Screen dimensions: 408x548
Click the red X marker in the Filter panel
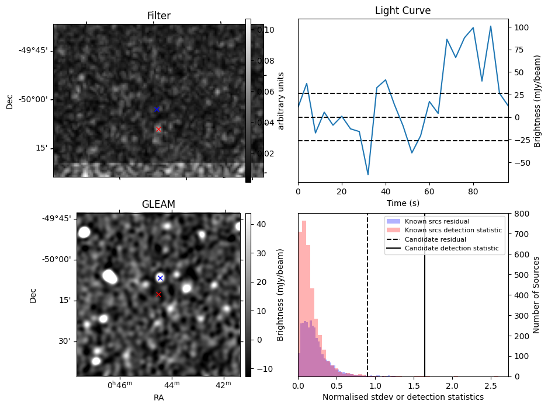pyautogui.click(x=158, y=129)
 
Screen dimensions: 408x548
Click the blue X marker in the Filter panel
pyautogui.click(x=157, y=109)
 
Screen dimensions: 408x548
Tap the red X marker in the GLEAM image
pyautogui.click(x=158, y=294)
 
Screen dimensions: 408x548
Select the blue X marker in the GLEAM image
pyautogui.click(x=160, y=278)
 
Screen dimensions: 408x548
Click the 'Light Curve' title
pyautogui.click(x=403, y=11)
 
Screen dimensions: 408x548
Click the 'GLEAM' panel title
pyautogui.click(x=158, y=204)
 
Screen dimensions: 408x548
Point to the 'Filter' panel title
pyautogui.click(x=158, y=16)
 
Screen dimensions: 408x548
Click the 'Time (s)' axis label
pyautogui.click(x=403, y=203)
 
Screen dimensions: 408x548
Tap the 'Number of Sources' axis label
pyautogui.click(x=537, y=295)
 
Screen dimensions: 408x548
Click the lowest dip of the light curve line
pyautogui.click(x=368, y=175)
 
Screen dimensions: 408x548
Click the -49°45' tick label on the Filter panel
pyautogui.click(x=33, y=50)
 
